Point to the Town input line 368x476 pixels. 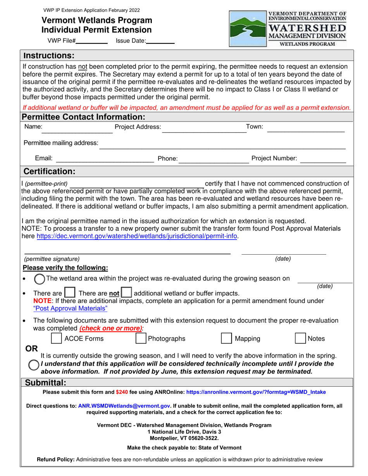coord(306,128)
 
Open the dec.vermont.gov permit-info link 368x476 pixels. coord(137,236)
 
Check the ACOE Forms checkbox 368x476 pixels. coord(57,339)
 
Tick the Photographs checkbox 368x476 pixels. coord(141,339)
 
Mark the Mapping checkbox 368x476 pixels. coord(226,339)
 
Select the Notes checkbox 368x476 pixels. coord(301,339)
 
